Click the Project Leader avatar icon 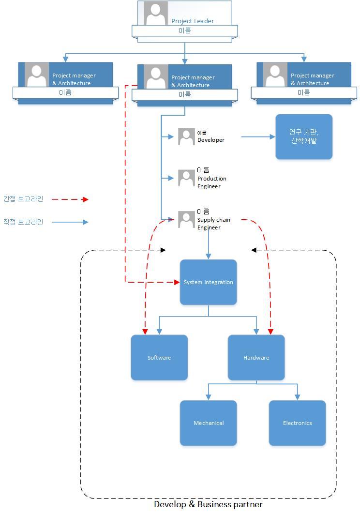click(x=156, y=14)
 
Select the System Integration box click(x=209, y=282)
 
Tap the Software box click(x=159, y=358)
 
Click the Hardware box click(x=256, y=358)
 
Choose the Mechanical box click(x=209, y=423)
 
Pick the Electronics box click(x=297, y=423)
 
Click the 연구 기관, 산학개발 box click(x=304, y=136)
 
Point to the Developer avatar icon click(x=186, y=137)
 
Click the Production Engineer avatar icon click(x=186, y=178)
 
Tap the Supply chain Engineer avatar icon click(x=186, y=220)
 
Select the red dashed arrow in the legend click(x=70, y=199)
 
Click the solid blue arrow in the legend click(x=70, y=222)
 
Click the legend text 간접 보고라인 click(x=23, y=199)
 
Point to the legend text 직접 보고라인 click(x=23, y=222)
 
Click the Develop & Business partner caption click(x=208, y=504)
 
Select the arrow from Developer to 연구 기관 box click(x=257, y=137)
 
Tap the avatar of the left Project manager click(x=37, y=75)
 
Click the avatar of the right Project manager click(x=275, y=75)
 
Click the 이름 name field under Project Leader click(x=184, y=31)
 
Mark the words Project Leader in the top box click(x=193, y=21)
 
